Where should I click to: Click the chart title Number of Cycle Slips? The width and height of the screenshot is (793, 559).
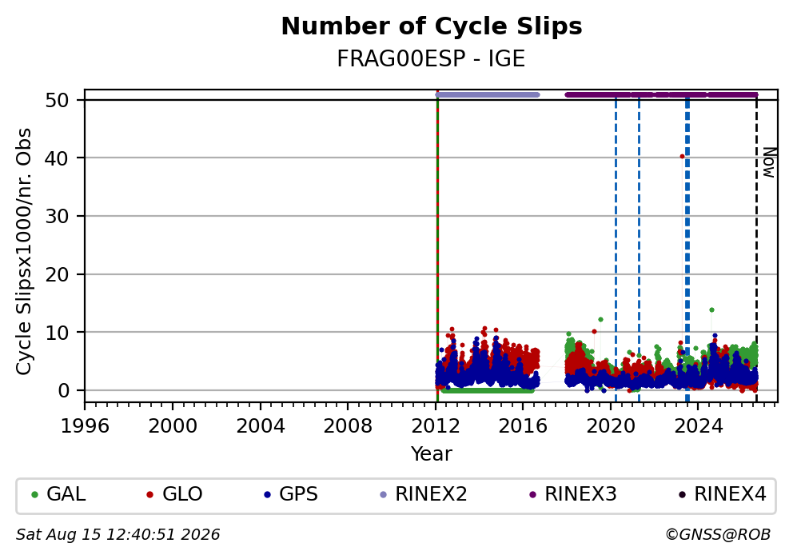pyautogui.click(x=432, y=26)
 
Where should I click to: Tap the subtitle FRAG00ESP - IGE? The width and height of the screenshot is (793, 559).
pyautogui.click(x=431, y=59)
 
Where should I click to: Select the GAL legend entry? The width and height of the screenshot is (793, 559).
pyautogui.click(x=58, y=494)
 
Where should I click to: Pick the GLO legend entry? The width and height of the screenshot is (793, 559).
pyautogui.click(x=174, y=494)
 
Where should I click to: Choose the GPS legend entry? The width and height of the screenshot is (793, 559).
pyautogui.click(x=291, y=494)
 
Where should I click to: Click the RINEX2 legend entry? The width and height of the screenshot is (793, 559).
pyautogui.click(x=424, y=494)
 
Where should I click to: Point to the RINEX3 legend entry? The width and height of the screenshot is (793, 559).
pyautogui.click(x=573, y=494)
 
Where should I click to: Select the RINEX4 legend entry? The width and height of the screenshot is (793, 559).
pyautogui.click(x=723, y=494)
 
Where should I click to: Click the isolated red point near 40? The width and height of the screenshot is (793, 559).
pyautogui.click(x=682, y=157)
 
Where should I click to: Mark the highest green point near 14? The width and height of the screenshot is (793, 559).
pyautogui.click(x=711, y=310)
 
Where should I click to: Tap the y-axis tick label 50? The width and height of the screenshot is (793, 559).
pyautogui.click(x=57, y=100)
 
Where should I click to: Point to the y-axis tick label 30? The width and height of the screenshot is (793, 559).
pyautogui.click(x=57, y=217)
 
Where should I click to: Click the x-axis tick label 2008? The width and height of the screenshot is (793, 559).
pyautogui.click(x=348, y=426)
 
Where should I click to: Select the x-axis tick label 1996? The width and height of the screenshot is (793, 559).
pyautogui.click(x=85, y=426)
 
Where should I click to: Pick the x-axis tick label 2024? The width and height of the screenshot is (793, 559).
pyautogui.click(x=699, y=426)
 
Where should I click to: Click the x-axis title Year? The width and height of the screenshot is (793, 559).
pyautogui.click(x=432, y=453)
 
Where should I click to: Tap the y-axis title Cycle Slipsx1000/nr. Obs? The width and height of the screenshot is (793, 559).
pyautogui.click(x=24, y=251)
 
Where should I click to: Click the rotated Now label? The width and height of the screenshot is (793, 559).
pyautogui.click(x=769, y=162)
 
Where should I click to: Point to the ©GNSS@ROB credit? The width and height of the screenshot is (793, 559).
pyautogui.click(x=718, y=535)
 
